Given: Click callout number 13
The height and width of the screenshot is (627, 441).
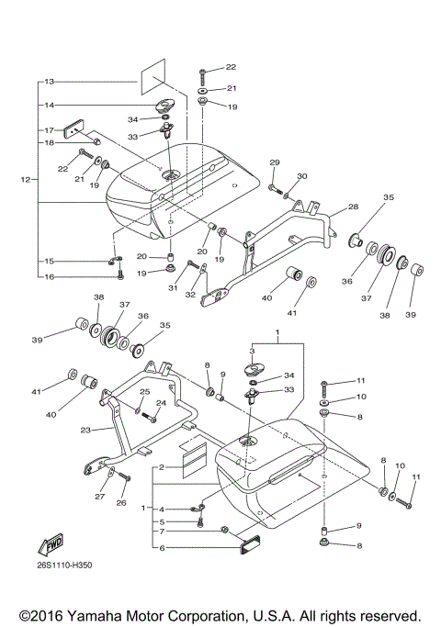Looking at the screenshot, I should pos(50,82).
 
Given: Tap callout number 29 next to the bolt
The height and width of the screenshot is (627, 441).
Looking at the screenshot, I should pos(274,162).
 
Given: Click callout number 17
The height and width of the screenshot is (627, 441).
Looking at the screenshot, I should pos(50,129).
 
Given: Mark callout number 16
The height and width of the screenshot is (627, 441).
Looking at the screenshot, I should pos(50,276).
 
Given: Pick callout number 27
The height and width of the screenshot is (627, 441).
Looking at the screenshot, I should pos(98,497).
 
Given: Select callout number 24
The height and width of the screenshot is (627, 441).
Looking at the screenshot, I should pos(160,402).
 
